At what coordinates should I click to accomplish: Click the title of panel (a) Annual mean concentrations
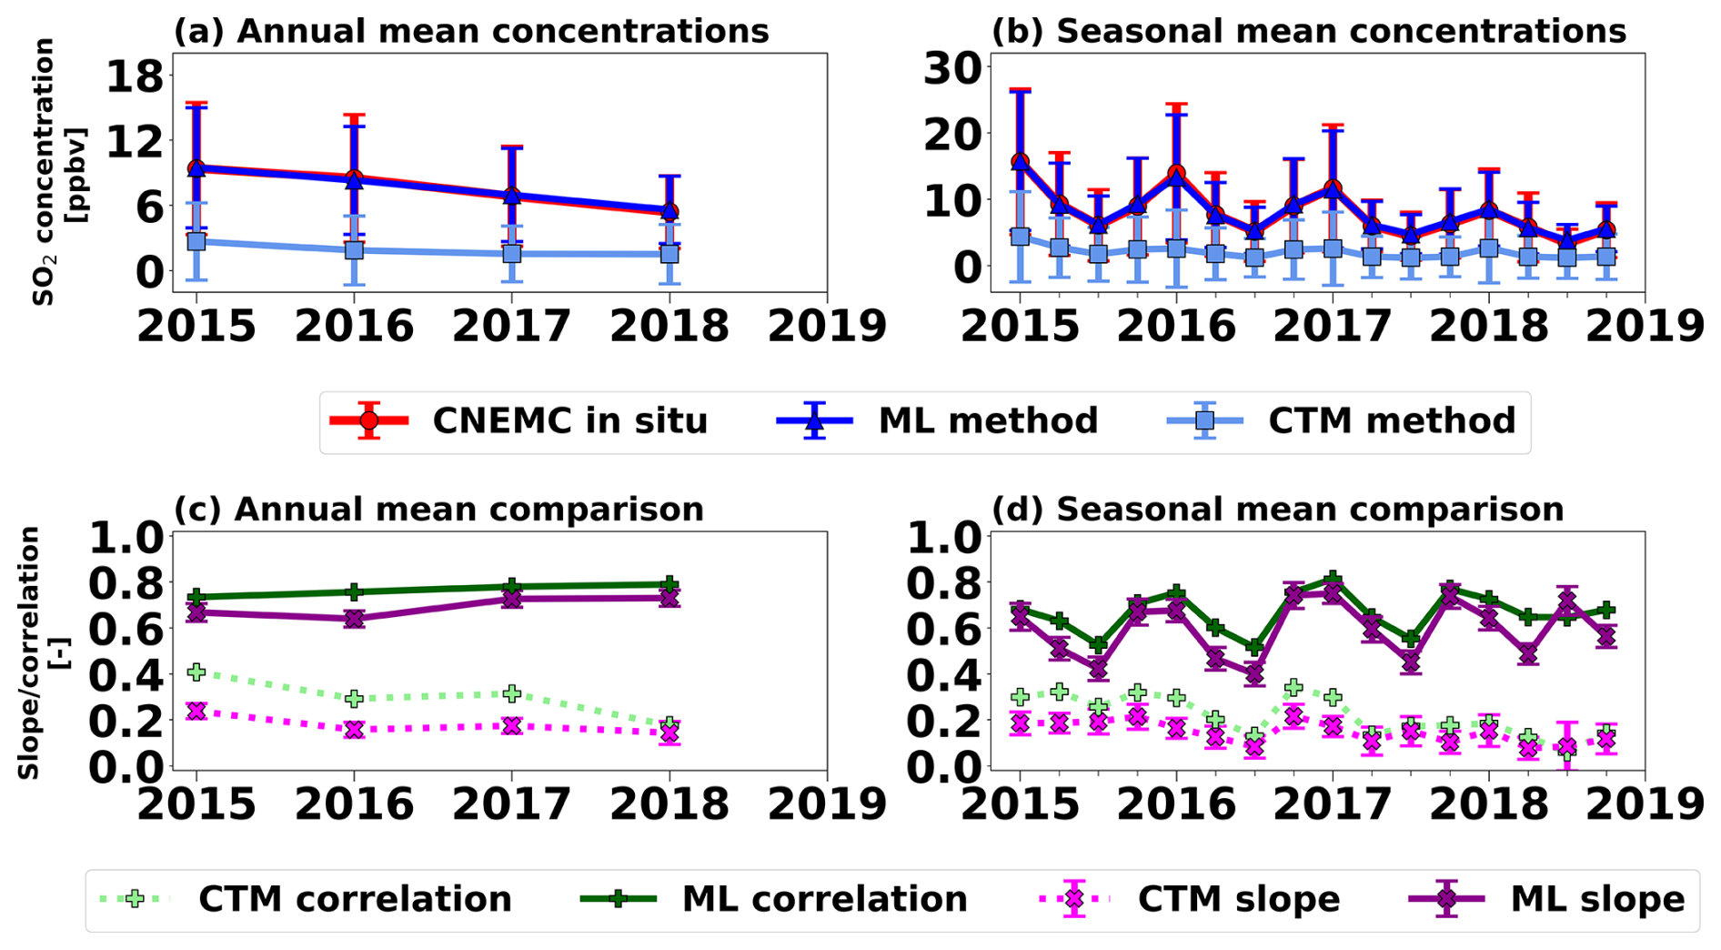pos(471,32)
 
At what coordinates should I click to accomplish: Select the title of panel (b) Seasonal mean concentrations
pos(1308,32)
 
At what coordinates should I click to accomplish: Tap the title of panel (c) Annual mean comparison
pos(438,510)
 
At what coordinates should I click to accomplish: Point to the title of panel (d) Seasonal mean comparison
pos(1277,510)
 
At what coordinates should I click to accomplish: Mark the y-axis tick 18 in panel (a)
pos(135,76)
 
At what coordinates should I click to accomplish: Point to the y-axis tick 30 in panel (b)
pos(951,69)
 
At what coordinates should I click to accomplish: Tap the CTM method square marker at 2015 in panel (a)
pos(196,242)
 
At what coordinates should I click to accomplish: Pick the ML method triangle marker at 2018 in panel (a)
pos(669,211)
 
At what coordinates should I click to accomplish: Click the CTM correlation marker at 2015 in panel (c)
pos(196,672)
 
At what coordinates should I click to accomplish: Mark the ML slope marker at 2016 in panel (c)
pos(354,619)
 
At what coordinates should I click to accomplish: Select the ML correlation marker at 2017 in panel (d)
pos(1333,579)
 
